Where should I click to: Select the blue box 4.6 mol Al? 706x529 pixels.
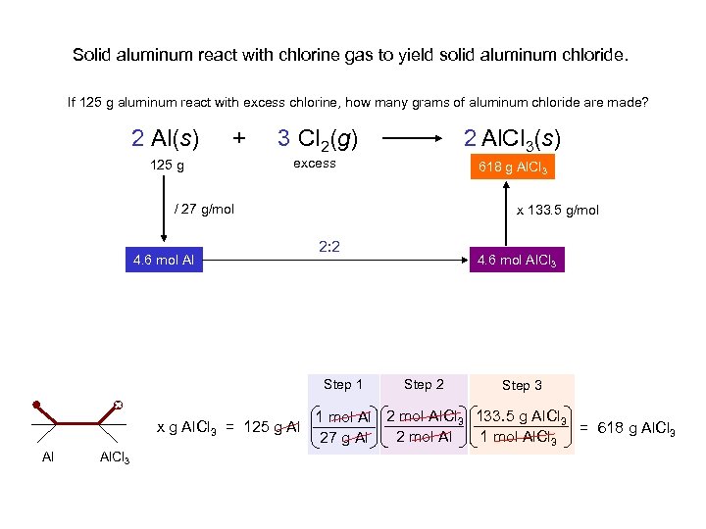pyautogui.click(x=165, y=260)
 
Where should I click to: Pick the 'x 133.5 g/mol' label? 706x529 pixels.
pyautogui.click(x=558, y=210)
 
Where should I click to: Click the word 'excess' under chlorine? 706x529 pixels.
pyautogui.click(x=315, y=164)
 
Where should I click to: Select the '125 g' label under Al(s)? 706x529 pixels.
pyautogui.click(x=167, y=166)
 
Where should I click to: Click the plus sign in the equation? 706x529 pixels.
pyautogui.click(x=238, y=138)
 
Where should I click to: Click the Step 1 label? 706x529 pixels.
pyautogui.click(x=343, y=384)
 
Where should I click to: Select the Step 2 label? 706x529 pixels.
pyautogui.click(x=424, y=384)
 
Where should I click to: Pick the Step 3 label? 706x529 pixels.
pyautogui.click(x=522, y=385)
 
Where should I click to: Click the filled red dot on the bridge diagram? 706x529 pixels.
pyautogui.click(x=35, y=403)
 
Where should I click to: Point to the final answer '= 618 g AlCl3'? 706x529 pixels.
pyautogui.click(x=628, y=427)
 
